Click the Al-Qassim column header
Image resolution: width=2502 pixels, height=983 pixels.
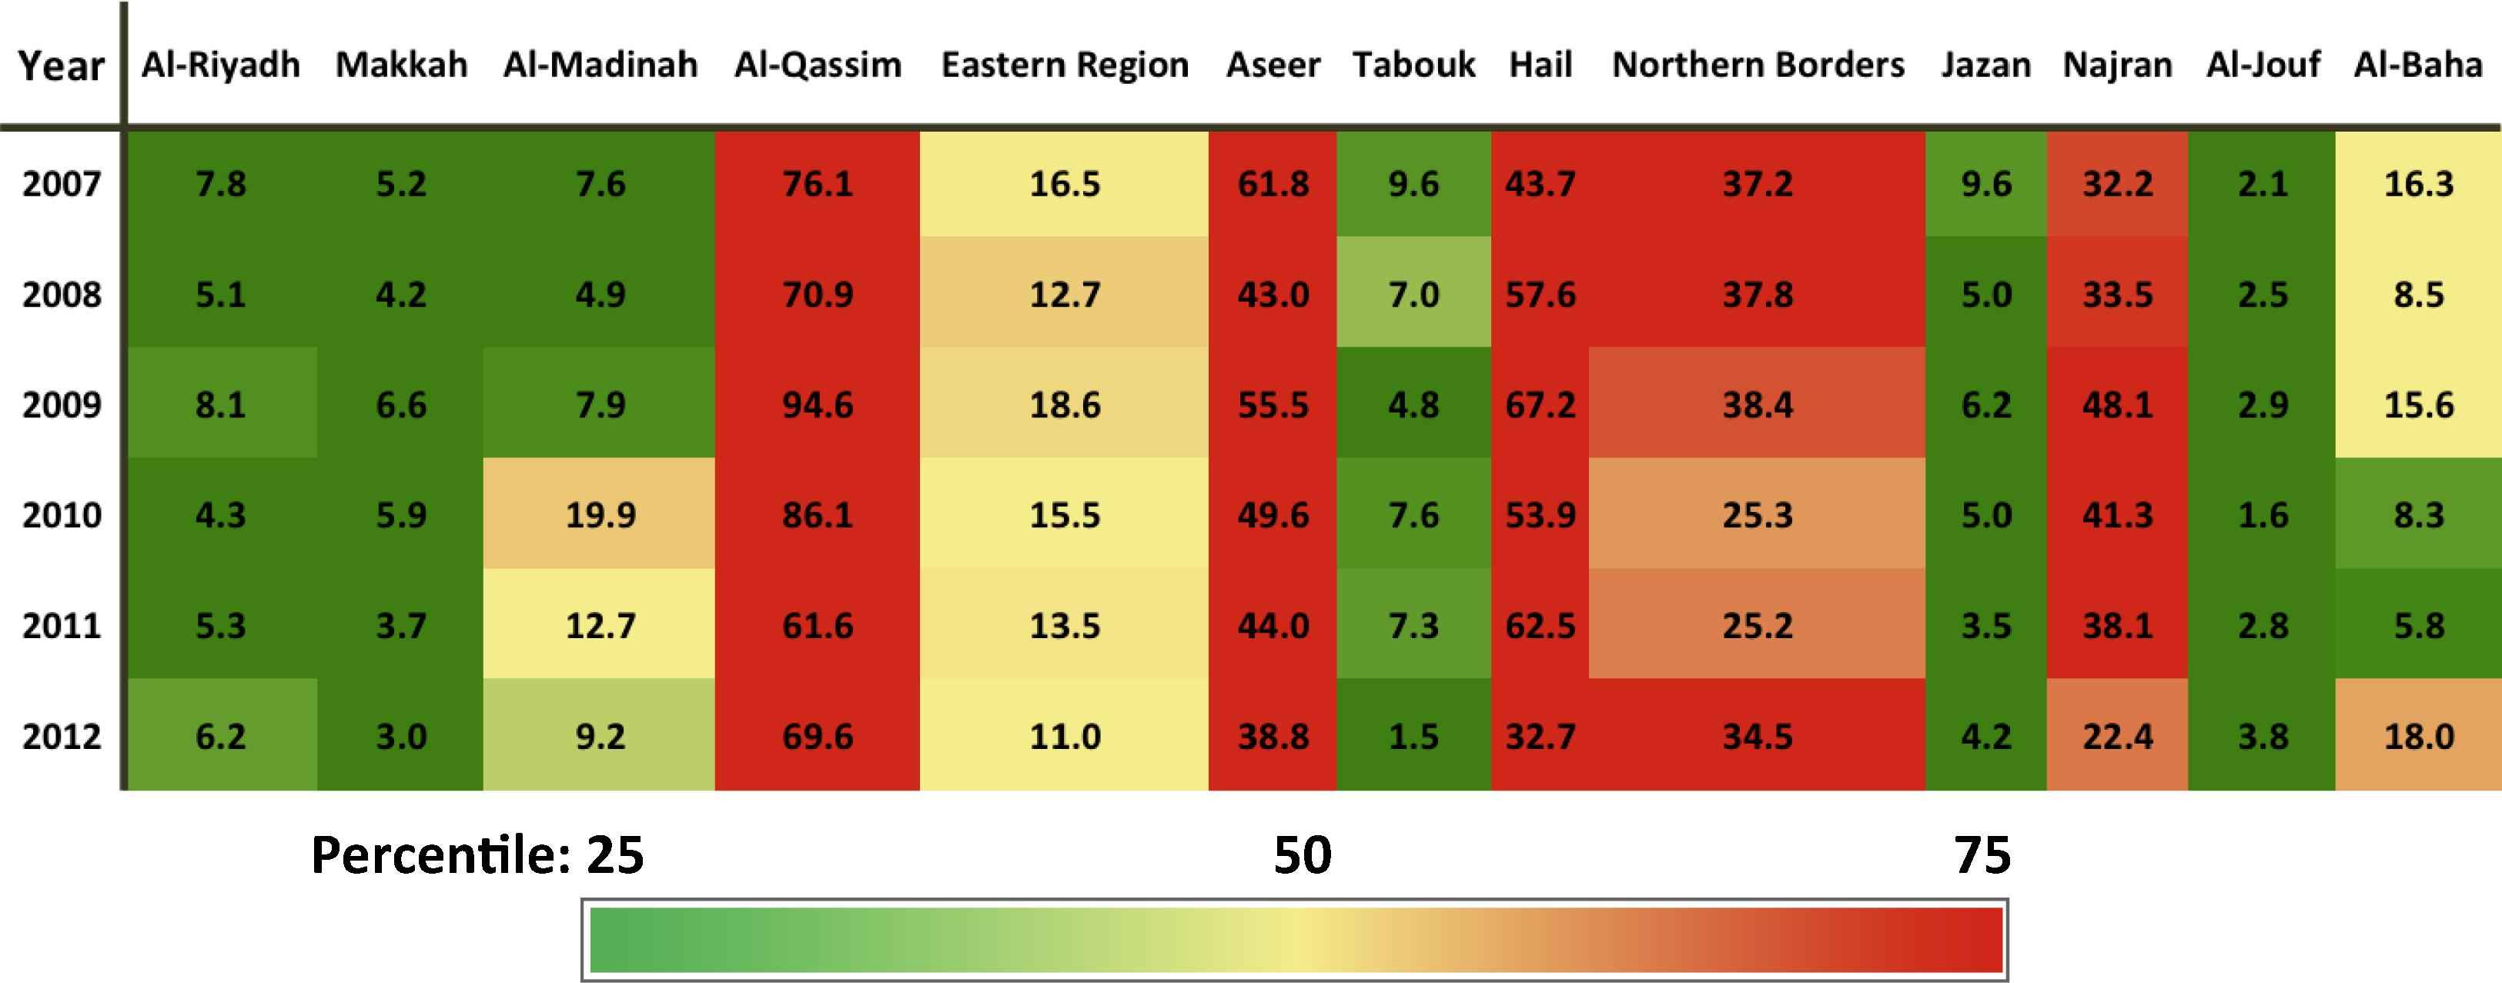(x=818, y=65)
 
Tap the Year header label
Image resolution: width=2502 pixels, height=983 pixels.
(x=60, y=66)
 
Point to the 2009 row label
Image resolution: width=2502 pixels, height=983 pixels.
(x=61, y=404)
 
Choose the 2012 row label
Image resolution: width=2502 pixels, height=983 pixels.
(x=61, y=735)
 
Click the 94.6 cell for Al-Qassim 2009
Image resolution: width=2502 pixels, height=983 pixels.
(x=818, y=404)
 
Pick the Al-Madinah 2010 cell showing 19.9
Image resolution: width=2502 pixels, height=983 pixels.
(x=600, y=515)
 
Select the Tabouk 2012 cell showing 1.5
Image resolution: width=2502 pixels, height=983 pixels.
(x=1413, y=735)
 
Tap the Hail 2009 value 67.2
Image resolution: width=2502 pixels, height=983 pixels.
(x=1540, y=404)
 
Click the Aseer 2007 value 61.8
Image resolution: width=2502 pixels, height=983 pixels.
(x=1273, y=183)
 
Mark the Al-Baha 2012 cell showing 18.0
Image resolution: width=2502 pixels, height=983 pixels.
(x=2418, y=735)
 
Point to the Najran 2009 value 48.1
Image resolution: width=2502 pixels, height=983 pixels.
(x=2117, y=404)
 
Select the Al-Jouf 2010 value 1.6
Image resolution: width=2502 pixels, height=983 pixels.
(x=2263, y=515)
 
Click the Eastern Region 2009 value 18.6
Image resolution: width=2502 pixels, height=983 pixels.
(x=1065, y=404)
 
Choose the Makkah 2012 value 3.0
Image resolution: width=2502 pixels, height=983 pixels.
(x=400, y=735)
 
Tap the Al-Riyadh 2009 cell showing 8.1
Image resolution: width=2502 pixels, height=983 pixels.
(x=220, y=404)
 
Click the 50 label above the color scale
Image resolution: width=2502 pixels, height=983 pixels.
(x=1303, y=854)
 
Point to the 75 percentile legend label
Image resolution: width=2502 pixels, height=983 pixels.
(x=1982, y=854)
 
